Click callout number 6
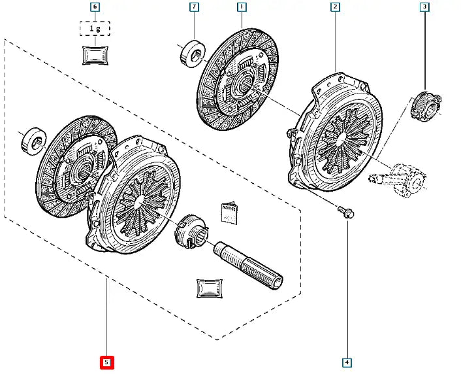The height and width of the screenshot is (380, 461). click(x=95, y=8)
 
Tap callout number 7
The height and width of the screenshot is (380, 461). click(x=194, y=8)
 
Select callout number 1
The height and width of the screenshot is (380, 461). click(x=242, y=8)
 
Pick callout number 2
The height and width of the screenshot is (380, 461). click(x=335, y=8)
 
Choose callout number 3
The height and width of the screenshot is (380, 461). click(x=424, y=8)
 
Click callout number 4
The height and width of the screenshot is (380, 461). click(x=347, y=362)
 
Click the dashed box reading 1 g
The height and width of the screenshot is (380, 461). click(x=95, y=29)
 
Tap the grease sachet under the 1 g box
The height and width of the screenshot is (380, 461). click(x=95, y=55)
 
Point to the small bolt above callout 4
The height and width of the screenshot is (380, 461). click(x=345, y=212)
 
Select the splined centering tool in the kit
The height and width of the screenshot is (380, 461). click(x=251, y=263)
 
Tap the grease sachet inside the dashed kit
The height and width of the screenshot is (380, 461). click(x=210, y=288)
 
